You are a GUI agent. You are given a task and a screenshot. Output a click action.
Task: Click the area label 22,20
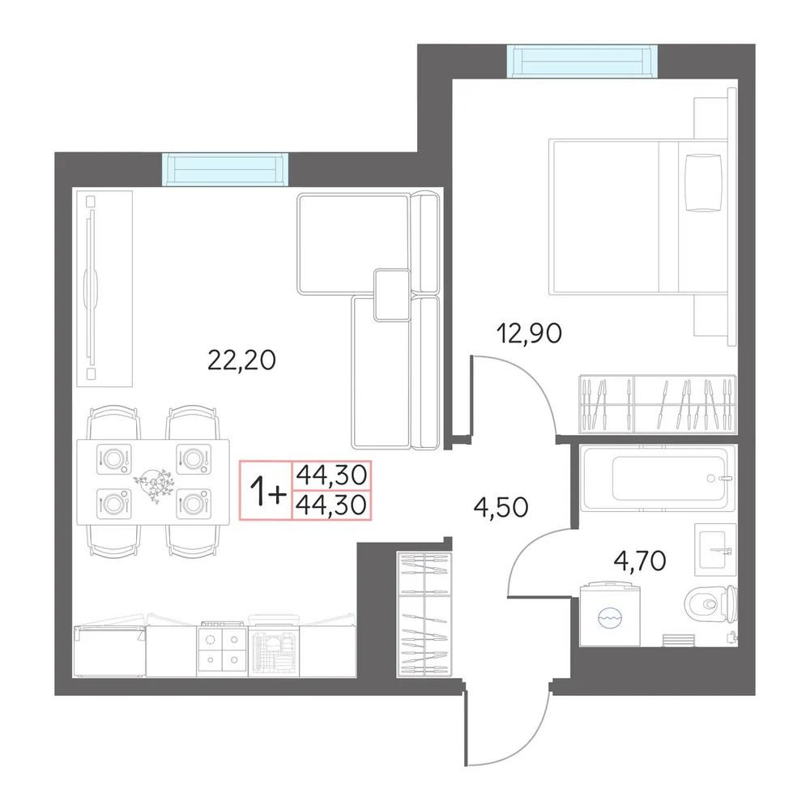click(x=241, y=360)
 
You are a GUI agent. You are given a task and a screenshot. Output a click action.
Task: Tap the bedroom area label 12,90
click(x=528, y=333)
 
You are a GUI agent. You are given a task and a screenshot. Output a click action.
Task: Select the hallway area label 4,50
click(x=501, y=507)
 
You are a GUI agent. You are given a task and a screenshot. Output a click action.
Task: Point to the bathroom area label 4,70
click(x=640, y=561)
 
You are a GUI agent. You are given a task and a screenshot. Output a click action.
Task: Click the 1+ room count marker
click(x=267, y=490)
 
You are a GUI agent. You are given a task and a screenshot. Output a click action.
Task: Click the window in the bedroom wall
click(x=582, y=61)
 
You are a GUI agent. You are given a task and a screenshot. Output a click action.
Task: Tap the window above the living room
click(x=224, y=169)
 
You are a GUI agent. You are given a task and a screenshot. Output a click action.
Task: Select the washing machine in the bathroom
click(x=610, y=614)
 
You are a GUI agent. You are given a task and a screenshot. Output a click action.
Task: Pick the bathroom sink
click(x=715, y=550)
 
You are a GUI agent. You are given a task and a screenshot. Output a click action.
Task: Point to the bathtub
click(x=657, y=478)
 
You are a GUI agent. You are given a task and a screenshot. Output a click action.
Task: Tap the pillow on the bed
click(x=703, y=183)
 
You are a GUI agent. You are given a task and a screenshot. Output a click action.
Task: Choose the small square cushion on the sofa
click(x=392, y=295)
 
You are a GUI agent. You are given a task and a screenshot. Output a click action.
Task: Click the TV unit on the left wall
click(x=104, y=288)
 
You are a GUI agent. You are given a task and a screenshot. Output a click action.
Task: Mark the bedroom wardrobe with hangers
click(x=657, y=404)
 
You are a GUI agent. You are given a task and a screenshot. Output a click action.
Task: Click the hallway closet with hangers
click(x=424, y=614)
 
